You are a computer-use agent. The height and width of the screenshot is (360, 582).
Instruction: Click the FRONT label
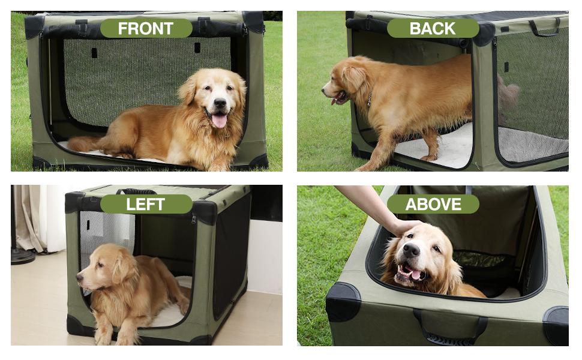pyautogui.click(x=146, y=28)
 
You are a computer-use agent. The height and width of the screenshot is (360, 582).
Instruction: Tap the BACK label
pyautogui.click(x=433, y=28)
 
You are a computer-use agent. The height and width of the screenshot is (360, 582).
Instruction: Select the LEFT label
pyautogui.click(x=146, y=204)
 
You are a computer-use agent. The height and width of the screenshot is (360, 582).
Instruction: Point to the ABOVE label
pyautogui.click(x=433, y=204)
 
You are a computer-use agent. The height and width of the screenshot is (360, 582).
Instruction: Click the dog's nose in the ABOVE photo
pyautogui.click(x=411, y=250)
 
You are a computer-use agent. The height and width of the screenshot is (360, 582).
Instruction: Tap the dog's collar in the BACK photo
pyautogui.click(x=370, y=99)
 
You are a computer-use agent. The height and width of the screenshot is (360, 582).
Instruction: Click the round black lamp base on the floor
pyautogui.click(x=22, y=256)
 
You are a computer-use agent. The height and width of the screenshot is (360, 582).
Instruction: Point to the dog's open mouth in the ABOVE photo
pyautogui.click(x=414, y=274)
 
